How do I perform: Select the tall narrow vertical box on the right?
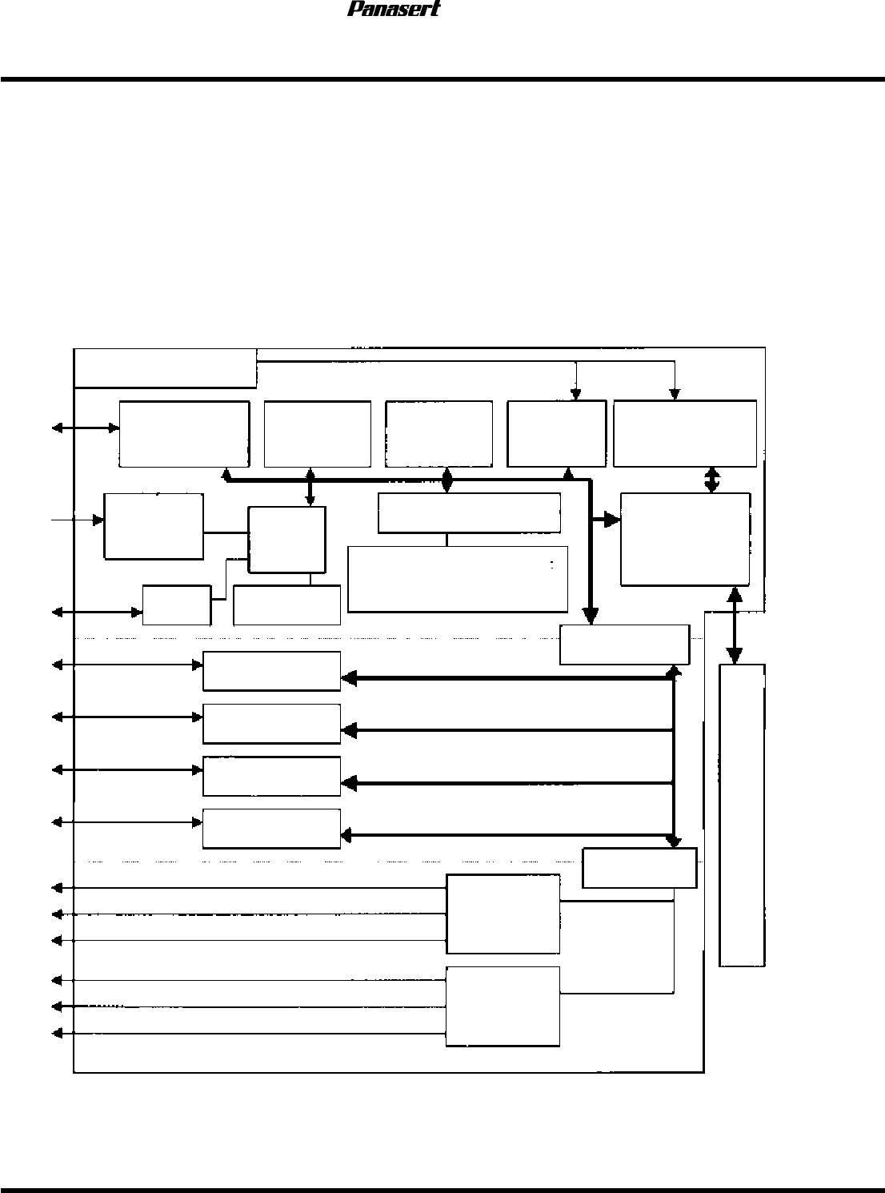742,814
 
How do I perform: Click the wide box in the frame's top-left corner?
165,368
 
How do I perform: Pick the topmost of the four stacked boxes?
271,671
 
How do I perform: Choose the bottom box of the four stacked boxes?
271,828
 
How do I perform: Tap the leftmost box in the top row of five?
184,433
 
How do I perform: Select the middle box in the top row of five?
438,433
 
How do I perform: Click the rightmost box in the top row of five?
684,433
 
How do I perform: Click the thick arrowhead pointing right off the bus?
612,520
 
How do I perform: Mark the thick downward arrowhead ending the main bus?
591,616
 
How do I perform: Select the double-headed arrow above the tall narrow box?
734,625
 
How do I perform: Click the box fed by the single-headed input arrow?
154,525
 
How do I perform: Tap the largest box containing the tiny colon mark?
458,579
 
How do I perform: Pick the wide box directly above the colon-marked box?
469,513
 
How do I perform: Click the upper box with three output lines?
503,914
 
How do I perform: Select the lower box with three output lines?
503,1006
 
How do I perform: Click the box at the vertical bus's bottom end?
639,867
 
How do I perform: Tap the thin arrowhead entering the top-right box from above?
675,394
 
